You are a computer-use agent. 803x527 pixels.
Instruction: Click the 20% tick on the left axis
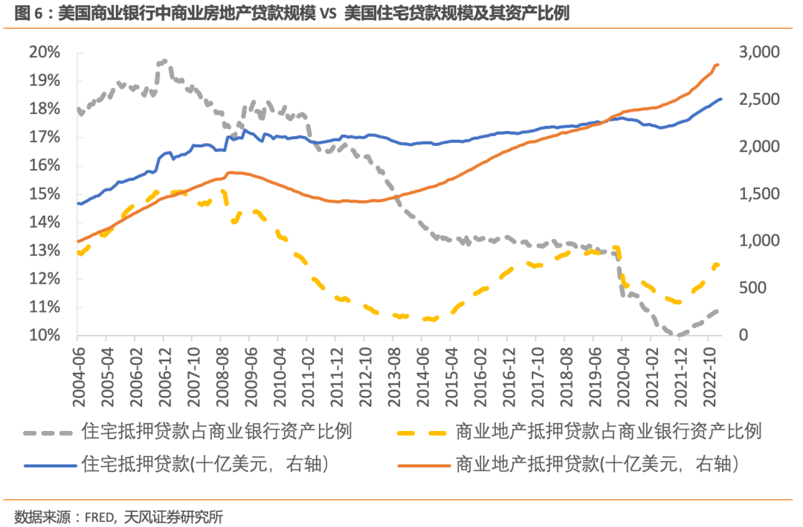tap(45, 52)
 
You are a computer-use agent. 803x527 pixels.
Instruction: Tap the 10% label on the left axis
tap(45, 336)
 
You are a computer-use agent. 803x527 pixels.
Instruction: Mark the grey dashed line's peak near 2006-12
tap(163, 61)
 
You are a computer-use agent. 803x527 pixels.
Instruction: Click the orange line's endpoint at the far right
tap(718, 65)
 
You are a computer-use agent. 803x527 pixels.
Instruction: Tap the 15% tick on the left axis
tap(45, 194)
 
